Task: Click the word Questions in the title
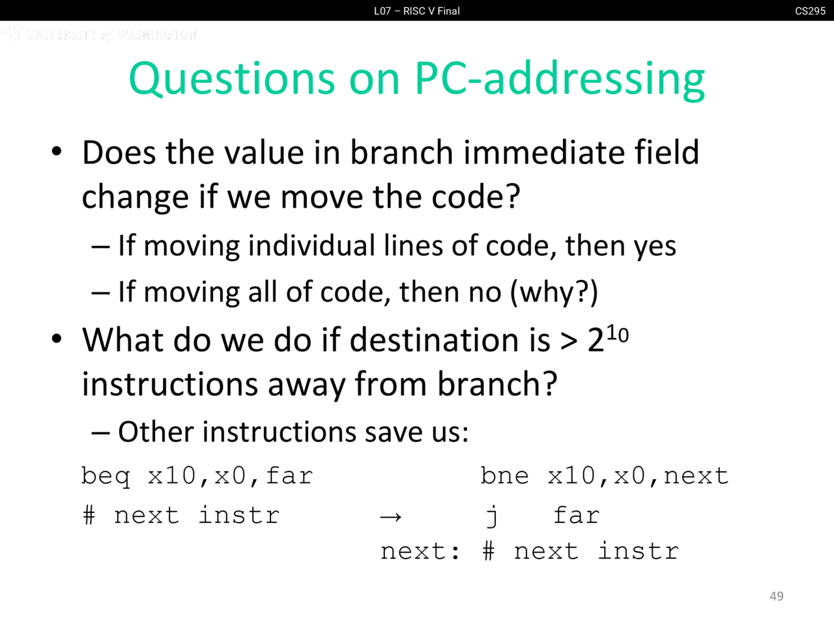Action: coord(232,79)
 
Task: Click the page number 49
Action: coord(776,596)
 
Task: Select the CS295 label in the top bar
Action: coord(810,11)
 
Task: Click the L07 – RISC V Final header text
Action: coord(417,11)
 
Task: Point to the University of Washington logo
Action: coord(99,34)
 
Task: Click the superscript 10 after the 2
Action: coord(618,335)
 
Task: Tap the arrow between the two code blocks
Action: coord(390,516)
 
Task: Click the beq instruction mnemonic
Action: coord(106,477)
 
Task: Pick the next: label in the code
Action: coord(420,551)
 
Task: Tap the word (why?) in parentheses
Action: coord(554,292)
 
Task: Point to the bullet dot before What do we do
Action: coord(57,339)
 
